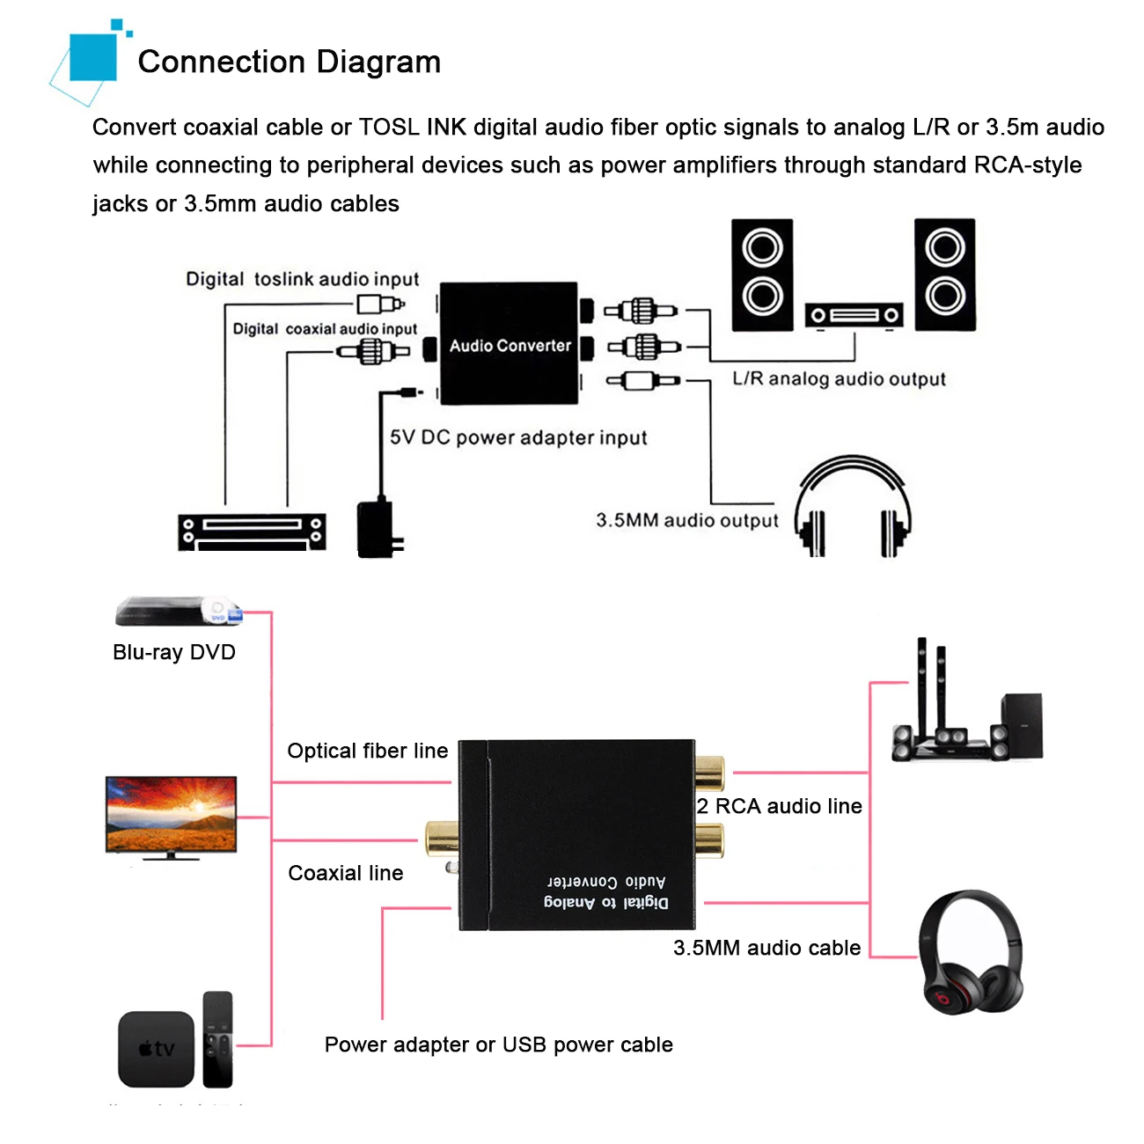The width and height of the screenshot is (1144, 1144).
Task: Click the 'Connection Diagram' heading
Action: (x=290, y=62)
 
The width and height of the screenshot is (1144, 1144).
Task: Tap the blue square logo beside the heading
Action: (x=92, y=57)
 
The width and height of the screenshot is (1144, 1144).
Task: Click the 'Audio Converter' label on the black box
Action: (x=510, y=346)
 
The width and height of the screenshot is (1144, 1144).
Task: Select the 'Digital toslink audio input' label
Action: (x=302, y=280)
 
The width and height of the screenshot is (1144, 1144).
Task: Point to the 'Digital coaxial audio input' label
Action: (x=325, y=329)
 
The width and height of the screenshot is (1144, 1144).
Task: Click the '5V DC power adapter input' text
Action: (x=518, y=438)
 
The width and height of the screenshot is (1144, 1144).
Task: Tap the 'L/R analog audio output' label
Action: (x=839, y=379)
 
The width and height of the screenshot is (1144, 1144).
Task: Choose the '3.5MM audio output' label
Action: (x=687, y=520)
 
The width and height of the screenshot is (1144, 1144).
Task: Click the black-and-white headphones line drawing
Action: (x=852, y=506)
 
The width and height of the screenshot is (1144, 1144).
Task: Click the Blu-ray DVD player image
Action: (x=178, y=611)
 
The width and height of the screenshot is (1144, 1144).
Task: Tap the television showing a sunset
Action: (x=171, y=817)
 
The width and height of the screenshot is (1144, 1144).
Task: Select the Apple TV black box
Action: (x=157, y=1048)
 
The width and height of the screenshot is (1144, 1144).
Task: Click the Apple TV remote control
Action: (x=218, y=1039)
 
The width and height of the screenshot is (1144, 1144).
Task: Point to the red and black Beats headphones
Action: (x=971, y=953)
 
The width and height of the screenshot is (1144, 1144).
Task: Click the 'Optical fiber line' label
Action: (x=368, y=752)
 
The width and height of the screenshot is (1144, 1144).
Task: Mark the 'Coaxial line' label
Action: (x=346, y=873)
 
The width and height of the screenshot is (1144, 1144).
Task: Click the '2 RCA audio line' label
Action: (x=780, y=806)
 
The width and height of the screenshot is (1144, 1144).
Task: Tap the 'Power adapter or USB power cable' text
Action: (x=498, y=1045)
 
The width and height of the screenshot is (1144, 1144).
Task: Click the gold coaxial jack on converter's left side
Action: (x=441, y=838)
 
